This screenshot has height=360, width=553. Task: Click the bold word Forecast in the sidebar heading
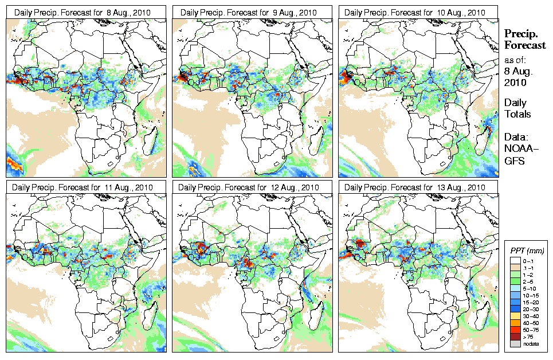[x=525, y=45]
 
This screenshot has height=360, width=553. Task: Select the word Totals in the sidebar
[x=517, y=114]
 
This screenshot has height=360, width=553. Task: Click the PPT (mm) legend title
[x=527, y=251]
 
